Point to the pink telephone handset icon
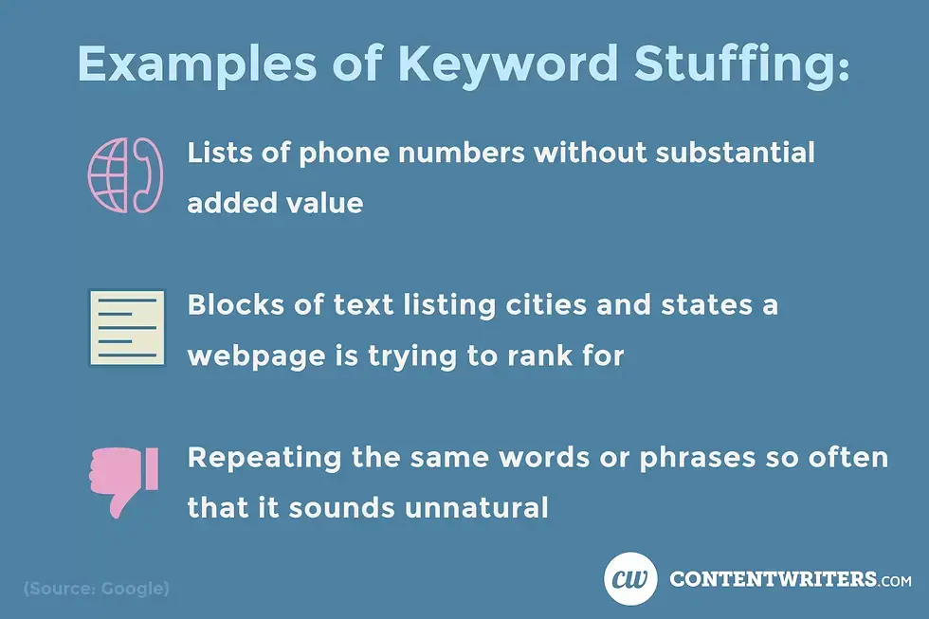[x=149, y=176]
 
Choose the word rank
[x=540, y=355]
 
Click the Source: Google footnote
[x=96, y=589]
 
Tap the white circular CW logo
[x=630, y=577]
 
